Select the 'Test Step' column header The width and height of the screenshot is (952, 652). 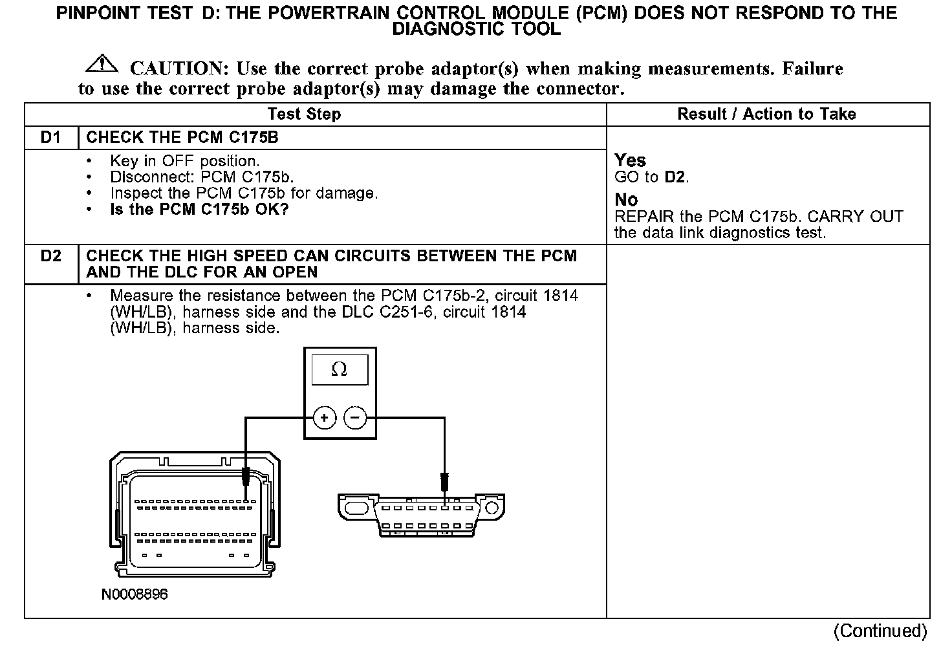click(x=304, y=114)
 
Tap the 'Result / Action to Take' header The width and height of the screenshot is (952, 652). click(x=766, y=114)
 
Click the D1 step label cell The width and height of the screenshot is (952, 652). click(x=50, y=138)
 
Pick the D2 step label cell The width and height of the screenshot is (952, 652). click(x=50, y=256)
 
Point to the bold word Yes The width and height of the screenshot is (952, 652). click(x=630, y=160)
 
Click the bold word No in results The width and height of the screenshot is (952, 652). click(x=625, y=200)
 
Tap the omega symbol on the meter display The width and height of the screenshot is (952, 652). click(x=339, y=369)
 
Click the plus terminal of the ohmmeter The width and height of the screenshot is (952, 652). click(x=324, y=418)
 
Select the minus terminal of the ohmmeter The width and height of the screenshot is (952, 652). click(x=354, y=418)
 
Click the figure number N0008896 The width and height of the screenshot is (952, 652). click(x=135, y=594)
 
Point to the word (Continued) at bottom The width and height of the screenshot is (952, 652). click(x=880, y=631)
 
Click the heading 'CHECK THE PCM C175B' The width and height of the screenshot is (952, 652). click(x=182, y=138)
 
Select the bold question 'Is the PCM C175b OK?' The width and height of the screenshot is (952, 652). click(x=199, y=210)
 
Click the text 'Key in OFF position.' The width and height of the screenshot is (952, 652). click(x=185, y=161)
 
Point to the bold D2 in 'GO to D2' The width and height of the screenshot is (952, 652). click(x=676, y=177)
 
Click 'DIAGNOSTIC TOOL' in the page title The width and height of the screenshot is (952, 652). click(x=477, y=29)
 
